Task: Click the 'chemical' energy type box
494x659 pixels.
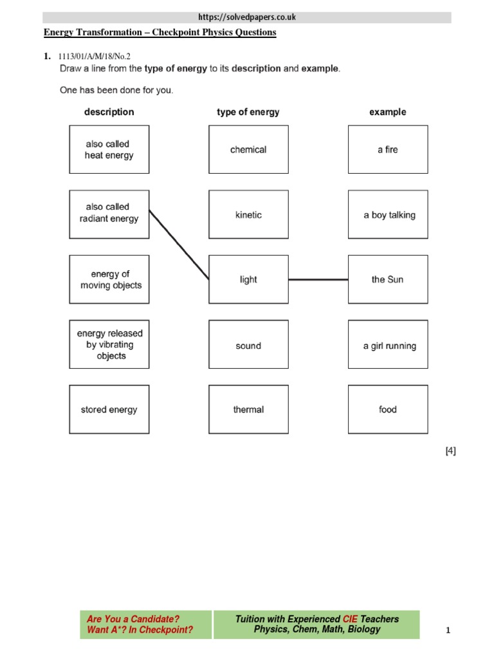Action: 248,149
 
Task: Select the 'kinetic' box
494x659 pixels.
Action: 248,215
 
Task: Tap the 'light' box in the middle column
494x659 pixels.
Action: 248,279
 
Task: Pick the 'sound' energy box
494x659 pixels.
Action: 248,346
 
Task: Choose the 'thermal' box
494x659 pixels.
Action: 248,409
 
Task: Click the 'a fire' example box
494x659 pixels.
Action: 387,149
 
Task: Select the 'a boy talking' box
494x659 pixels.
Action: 387,215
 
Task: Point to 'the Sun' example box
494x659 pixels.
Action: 387,279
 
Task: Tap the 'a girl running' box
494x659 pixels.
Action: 387,346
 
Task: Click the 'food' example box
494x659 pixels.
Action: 387,409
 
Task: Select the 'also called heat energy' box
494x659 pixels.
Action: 109,149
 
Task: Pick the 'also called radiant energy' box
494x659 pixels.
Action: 109,213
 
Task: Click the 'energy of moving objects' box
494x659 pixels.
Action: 109,279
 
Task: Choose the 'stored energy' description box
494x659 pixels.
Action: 109,409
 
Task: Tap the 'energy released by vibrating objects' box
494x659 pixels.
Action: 109,344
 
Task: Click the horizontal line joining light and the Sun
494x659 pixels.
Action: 318,280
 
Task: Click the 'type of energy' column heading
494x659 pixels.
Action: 248,112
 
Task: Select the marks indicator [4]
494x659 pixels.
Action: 450,451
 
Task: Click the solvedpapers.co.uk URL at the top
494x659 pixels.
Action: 247,17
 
